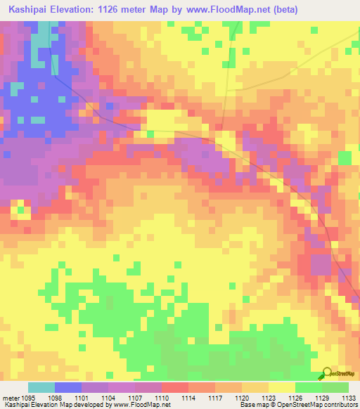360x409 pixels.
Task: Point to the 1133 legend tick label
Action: (x=347, y=398)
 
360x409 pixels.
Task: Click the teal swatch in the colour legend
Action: (x=41, y=387)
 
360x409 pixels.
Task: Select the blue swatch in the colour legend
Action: (x=68, y=387)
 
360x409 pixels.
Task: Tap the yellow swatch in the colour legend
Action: (x=281, y=387)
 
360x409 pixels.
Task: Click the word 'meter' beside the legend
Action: (x=10, y=398)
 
